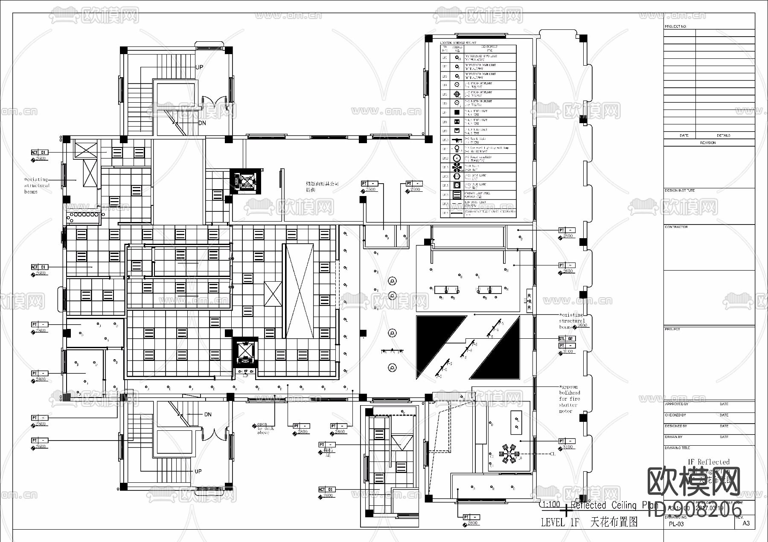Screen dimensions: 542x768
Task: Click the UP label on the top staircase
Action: (x=199, y=67)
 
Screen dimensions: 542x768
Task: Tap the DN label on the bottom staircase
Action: (x=208, y=414)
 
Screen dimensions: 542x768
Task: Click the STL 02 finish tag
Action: (x=567, y=338)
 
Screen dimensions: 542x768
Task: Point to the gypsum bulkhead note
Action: (x=569, y=399)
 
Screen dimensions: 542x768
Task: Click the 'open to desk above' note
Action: (x=263, y=428)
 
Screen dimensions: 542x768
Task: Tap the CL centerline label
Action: (x=553, y=454)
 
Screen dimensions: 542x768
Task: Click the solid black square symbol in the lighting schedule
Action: (x=457, y=112)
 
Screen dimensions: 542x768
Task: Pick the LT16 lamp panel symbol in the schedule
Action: (x=457, y=195)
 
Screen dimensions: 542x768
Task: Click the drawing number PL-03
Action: (x=676, y=524)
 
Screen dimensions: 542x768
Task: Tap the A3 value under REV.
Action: (x=746, y=523)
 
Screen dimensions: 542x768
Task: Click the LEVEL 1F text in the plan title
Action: (x=560, y=522)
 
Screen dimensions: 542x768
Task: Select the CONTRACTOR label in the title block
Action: (x=676, y=227)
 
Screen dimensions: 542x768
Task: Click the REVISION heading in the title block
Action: (x=708, y=143)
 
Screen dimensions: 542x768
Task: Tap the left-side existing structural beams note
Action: (x=37, y=185)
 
